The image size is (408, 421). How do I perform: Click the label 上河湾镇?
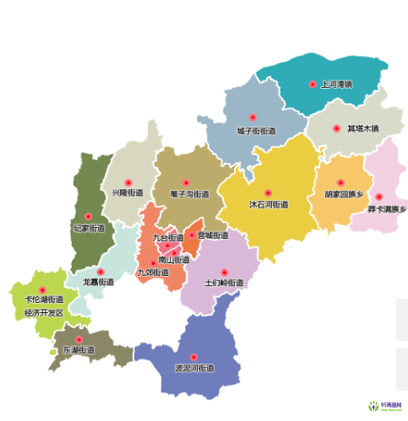point(336,84)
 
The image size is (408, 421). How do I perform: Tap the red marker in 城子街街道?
point(252,118)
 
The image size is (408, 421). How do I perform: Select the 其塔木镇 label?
point(362,129)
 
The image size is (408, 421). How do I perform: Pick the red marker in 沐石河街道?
point(268,193)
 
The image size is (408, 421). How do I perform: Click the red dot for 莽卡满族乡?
point(379,197)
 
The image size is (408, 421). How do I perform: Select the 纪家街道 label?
point(89,228)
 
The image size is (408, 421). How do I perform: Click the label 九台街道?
point(168,238)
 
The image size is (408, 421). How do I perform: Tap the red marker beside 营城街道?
point(192,235)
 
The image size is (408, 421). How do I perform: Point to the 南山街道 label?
point(174,260)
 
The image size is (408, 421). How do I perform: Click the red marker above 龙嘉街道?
point(100,272)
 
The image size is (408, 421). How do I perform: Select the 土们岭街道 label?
point(223,282)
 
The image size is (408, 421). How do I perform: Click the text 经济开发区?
point(44,312)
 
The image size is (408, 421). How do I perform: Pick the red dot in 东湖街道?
point(79,339)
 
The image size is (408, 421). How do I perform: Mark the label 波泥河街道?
point(194,369)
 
